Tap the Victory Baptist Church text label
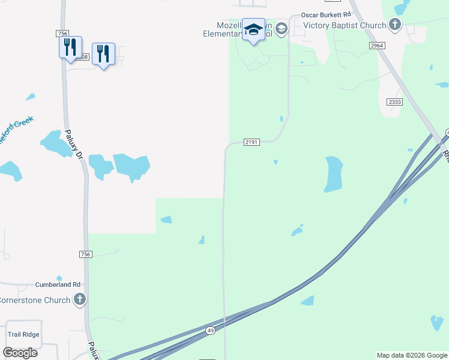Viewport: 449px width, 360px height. (x=344, y=25)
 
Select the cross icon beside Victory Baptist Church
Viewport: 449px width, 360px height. (x=394, y=25)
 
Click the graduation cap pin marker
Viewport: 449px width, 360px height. (x=253, y=30)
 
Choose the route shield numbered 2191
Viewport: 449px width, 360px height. (x=252, y=142)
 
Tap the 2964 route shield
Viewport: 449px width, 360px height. (x=377, y=46)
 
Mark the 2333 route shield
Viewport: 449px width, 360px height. (x=394, y=102)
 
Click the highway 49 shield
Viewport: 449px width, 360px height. (x=209, y=331)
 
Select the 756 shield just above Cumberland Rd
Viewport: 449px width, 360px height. (x=85, y=254)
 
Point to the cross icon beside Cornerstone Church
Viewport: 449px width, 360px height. (x=80, y=299)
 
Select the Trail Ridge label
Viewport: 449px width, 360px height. (x=23, y=334)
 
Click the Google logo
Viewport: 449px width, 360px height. (x=20, y=352)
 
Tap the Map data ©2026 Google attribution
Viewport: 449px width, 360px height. (x=412, y=355)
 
